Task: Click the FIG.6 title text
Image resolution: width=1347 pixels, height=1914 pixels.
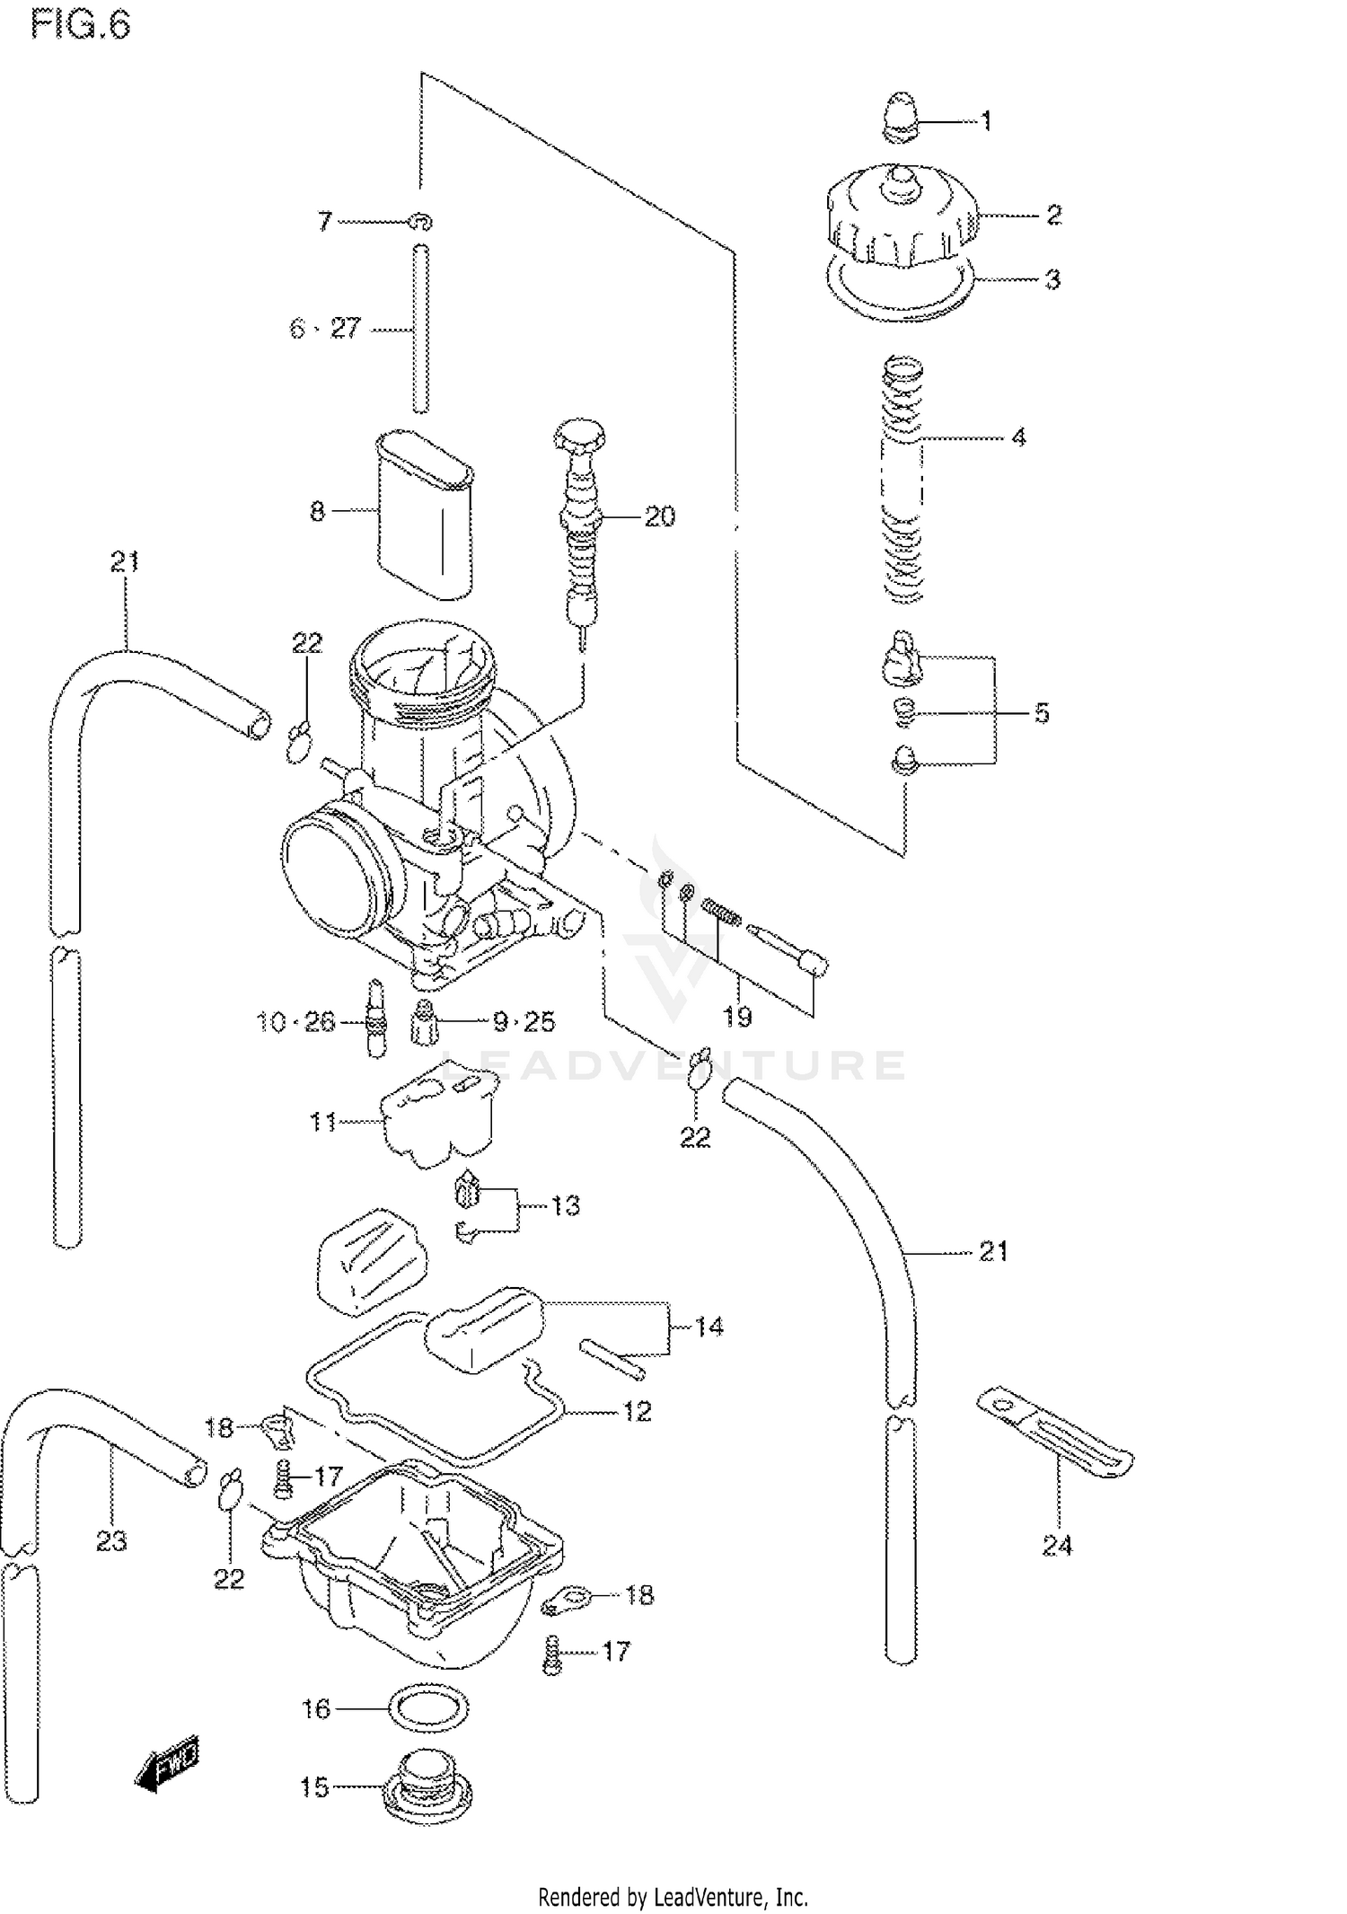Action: click(80, 24)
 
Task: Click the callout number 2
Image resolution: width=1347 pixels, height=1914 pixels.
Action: click(1053, 215)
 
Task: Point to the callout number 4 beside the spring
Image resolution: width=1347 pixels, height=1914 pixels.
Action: click(1017, 437)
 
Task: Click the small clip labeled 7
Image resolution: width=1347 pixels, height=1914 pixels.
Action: click(420, 220)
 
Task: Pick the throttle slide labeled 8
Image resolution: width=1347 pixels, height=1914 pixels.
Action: click(425, 516)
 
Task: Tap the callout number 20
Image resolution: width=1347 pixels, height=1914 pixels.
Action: click(659, 516)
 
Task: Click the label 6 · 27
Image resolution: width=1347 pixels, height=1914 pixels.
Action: click(324, 329)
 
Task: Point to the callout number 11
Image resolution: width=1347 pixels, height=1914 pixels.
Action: click(322, 1122)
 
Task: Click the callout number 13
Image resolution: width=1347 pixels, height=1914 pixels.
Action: click(565, 1205)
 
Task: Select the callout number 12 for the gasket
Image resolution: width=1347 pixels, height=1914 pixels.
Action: click(637, 1412)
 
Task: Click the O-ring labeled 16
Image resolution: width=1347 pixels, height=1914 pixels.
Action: click(431, 1709)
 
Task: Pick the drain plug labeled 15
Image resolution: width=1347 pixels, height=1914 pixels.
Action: click(427, 1787)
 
